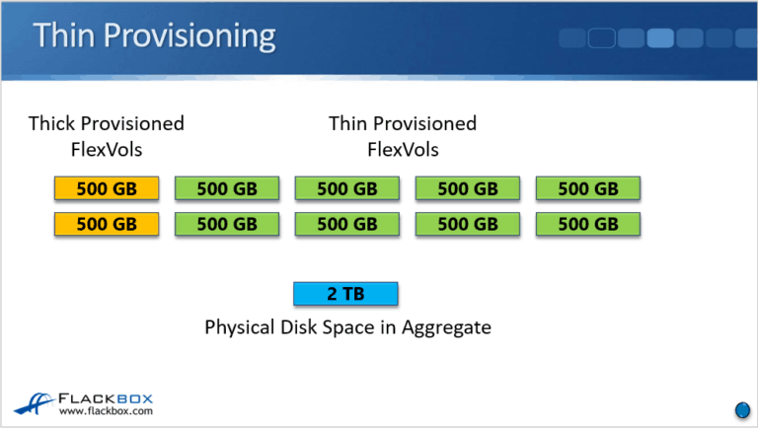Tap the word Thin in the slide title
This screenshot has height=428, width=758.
68,37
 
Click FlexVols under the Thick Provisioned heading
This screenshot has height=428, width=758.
107,150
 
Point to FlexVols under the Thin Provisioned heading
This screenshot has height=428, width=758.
403,150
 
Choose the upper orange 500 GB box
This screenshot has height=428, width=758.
107,188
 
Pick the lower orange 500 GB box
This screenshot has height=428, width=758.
107,224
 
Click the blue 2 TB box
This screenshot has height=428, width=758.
346,294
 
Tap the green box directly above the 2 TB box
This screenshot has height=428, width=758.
346,224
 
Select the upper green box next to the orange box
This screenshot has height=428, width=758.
227,188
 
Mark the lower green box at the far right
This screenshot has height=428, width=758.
588,224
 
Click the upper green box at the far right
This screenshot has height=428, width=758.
588,188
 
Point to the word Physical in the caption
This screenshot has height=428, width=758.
242,326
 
